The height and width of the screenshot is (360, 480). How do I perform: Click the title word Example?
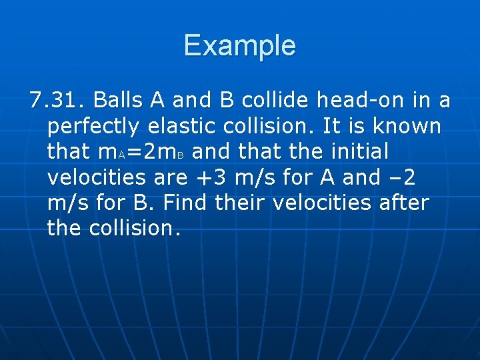pos(239,46)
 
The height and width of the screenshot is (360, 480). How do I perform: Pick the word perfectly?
pos(93,127)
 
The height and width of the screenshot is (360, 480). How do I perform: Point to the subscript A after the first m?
pos(120,155)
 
